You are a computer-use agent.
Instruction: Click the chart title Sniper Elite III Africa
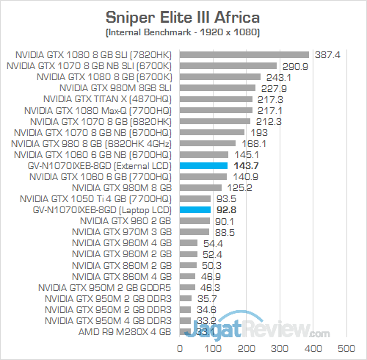point(183,16)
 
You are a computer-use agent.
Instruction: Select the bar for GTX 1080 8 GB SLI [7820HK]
point(243,54)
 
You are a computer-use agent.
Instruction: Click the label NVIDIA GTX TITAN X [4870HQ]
point(107,99)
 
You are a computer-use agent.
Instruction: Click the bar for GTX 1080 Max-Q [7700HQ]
point(214,110)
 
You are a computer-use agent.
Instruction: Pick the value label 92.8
point(226,210)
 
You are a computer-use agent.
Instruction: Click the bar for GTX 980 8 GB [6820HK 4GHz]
point(207,143)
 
